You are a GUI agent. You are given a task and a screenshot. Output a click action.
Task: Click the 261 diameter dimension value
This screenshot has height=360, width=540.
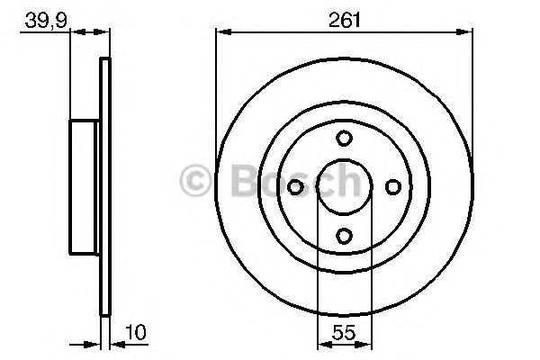pos(344,20)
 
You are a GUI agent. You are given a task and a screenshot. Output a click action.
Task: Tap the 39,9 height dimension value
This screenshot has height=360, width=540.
pos(46,22)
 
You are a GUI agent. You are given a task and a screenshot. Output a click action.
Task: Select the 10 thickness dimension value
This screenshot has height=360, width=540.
pos(136,332)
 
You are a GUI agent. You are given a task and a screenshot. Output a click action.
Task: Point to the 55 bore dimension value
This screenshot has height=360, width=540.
pos(344,332)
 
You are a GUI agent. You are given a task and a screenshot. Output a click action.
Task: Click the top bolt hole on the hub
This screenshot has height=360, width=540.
pos(344,138)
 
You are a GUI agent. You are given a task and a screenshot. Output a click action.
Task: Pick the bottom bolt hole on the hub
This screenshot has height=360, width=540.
pos(344,236)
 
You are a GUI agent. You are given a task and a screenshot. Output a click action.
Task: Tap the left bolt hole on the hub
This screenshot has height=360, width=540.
pos(295,187)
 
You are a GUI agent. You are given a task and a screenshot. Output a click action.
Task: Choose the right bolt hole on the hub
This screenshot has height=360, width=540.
pos(393,187)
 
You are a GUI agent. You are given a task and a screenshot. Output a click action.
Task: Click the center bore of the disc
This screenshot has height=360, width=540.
pos(345,187)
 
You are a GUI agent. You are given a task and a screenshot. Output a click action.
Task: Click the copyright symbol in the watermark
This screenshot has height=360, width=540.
pos(195,181)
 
